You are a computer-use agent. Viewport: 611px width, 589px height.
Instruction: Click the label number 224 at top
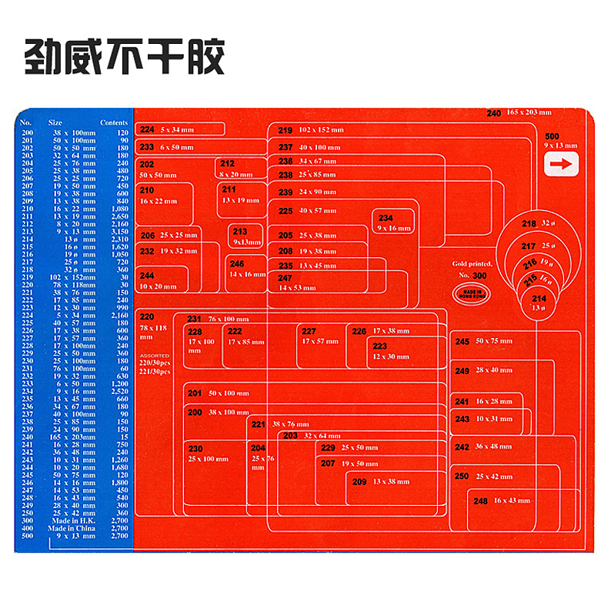[147, 129]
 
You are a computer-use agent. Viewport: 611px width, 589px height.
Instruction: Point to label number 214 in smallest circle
[539, 299]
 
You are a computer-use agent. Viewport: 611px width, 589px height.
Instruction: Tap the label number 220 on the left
[146, 316]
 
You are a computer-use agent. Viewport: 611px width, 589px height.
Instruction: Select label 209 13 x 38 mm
[380, 481]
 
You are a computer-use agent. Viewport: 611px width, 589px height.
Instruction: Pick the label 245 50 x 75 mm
[482, 341]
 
